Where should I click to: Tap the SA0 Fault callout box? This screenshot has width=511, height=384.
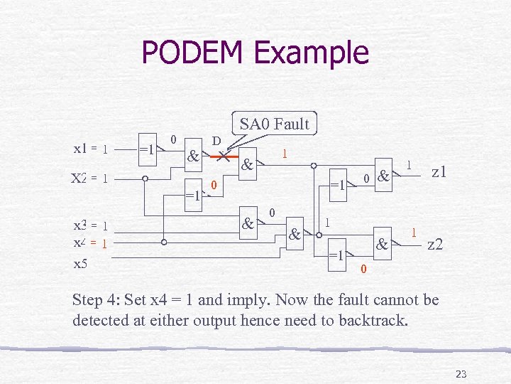click(x=274, y=124)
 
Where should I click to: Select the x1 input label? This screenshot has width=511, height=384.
click(x=80, y=149)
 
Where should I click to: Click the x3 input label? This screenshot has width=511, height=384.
click(x=79, y=226)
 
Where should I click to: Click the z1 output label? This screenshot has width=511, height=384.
click(x=438, y=173)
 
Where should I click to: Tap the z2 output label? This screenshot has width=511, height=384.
click(x=435, y=244)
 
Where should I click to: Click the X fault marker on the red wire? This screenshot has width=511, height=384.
click(x=223, y=155)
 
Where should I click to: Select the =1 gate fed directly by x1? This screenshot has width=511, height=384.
click(x=148, y=150)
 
